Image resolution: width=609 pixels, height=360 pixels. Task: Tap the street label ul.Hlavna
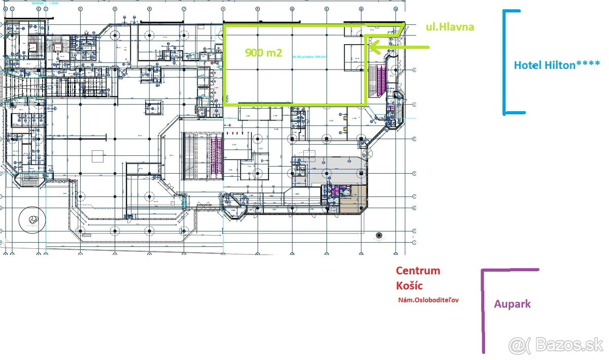click(450, 27)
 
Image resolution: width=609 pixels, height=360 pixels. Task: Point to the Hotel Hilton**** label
click(557, 65)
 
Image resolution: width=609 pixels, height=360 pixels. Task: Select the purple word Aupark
click(512, 304)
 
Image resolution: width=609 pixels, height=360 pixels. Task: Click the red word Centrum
click(418, 271)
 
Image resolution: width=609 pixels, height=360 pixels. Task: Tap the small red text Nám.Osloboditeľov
click(428, 300)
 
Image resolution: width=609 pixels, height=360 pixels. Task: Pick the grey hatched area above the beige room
click(330, 170)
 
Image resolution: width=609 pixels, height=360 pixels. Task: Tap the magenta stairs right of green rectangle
click(379, 81)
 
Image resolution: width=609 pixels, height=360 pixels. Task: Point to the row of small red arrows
click(235, 134)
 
